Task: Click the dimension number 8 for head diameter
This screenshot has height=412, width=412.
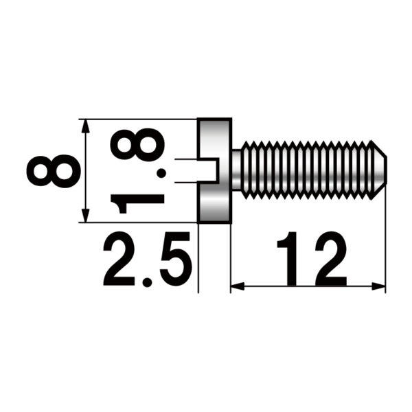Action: [x=52, y=170]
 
